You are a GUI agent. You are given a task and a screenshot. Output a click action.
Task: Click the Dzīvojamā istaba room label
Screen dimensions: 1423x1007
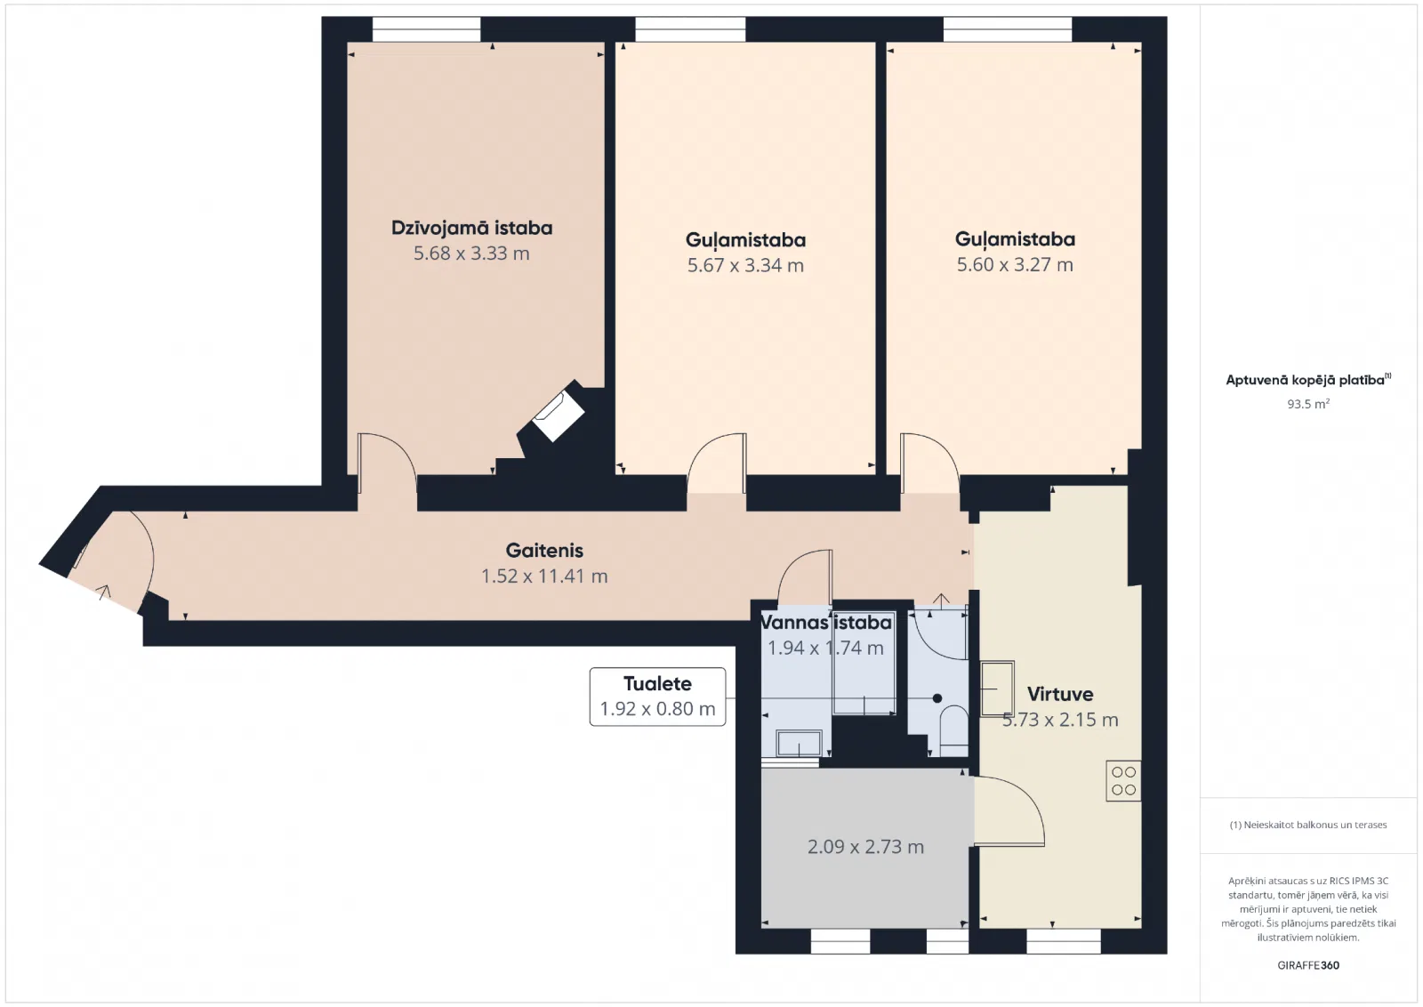click(471, 228)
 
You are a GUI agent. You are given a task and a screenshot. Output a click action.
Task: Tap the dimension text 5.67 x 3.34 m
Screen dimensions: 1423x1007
click(745, 265)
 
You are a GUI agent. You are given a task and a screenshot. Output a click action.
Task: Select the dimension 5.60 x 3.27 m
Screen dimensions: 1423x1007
click(1015, 264)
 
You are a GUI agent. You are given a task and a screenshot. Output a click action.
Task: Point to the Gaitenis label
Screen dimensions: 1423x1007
click(544, 550)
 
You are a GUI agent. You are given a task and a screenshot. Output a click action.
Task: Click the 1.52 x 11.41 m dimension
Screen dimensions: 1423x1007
click(544, 576)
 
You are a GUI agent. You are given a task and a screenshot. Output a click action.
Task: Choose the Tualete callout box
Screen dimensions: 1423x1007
click(657, 697)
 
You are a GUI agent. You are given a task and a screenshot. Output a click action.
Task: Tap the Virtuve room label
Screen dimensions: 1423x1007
click(1060, 694)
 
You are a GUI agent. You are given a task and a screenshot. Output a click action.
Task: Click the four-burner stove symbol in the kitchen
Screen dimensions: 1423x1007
click(1123, 781)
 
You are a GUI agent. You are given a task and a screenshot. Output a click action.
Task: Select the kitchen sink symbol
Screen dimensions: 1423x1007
click(997, 689)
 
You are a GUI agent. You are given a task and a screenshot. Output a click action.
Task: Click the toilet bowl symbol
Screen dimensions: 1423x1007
click(953, 729)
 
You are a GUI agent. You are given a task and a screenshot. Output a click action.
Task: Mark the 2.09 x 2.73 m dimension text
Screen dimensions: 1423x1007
click(865, 847)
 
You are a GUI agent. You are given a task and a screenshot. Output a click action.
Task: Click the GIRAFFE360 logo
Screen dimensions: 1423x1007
click(1308, 965)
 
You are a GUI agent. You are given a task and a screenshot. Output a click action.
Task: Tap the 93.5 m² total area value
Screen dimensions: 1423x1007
click(1308, 404)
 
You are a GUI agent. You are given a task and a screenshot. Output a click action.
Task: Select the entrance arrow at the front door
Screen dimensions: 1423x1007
click(103, 592)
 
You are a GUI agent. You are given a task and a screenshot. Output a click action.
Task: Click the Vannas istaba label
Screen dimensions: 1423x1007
click(826, 623)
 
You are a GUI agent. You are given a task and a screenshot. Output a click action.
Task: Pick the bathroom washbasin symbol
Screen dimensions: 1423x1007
click(800, 744)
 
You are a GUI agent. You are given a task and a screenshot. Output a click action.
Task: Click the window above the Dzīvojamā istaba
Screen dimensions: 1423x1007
click(426, 29)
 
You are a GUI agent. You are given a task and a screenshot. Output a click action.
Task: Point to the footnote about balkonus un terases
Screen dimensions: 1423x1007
click(1308, 825)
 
